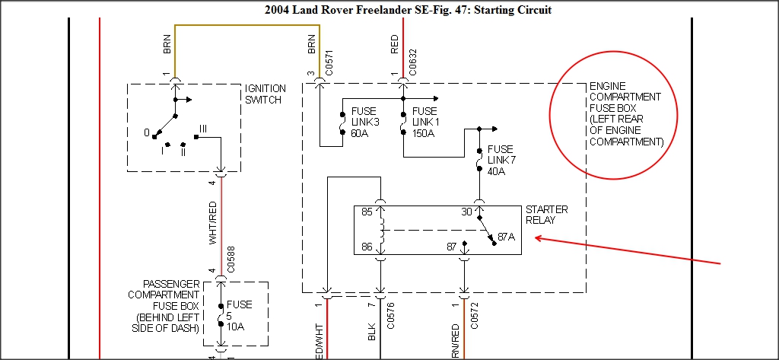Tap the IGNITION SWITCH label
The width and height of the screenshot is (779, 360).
(265, 94)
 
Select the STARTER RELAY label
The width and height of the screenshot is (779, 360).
(546, 215)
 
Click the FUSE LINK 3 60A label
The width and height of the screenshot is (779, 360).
(364, 123)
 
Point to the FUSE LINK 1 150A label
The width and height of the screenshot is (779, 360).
(425, 123)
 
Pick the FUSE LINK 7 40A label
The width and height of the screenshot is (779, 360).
(500, 160)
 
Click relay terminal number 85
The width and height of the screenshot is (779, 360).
(367, 212)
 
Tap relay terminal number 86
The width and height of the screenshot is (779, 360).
(367, 246)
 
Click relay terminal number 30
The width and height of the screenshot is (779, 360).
(467, 212)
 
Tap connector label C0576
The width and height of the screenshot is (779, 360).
(390, 316)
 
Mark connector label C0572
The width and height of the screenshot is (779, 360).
(474, 316)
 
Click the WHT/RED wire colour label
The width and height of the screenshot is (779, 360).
(213, 224)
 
